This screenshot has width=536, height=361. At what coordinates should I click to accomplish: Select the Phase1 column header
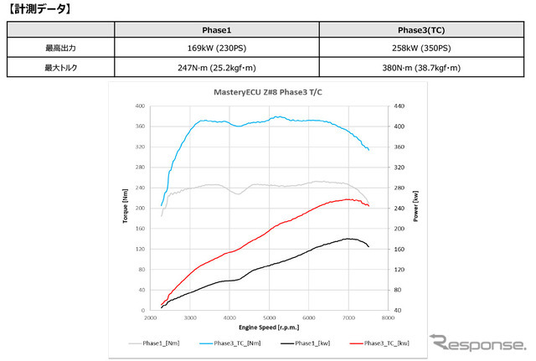pos(216,31)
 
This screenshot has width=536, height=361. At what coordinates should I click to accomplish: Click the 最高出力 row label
pos(59,49)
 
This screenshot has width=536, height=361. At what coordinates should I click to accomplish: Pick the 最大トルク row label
pos(59,69)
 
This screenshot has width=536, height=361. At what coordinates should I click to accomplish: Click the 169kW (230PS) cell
pos(216,49)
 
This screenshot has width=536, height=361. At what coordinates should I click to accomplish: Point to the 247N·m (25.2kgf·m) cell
pos(216,69)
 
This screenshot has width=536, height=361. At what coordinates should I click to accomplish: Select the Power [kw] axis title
pos(415,208)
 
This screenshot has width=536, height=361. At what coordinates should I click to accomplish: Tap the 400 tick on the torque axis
pos(139,106)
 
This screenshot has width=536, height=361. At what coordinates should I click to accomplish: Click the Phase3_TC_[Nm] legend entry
pos(236,343)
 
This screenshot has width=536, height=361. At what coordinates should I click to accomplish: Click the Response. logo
pos(478,343)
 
